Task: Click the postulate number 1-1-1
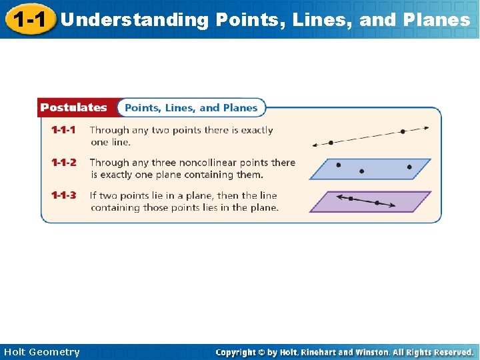(64, 130)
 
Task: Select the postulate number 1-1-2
(64, 163)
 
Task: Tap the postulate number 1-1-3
(64, 195)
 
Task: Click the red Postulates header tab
(73, 107)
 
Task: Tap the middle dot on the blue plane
(362, 171)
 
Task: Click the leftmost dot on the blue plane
(339, 164)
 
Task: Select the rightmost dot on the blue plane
(409, 167)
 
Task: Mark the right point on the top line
(403, 131)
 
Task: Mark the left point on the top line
(331, 142)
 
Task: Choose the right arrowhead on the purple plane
(393, 206)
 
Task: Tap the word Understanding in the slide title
(134, 20)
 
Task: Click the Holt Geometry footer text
(41, 352)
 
